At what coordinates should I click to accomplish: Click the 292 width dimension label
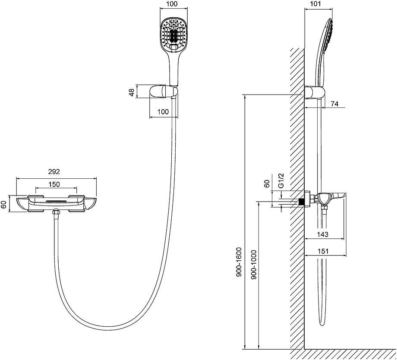pos(54,171)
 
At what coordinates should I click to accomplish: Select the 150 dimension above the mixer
pos(54,184)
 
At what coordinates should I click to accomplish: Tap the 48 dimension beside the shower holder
pos(132,92)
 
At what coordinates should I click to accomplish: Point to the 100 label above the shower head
pos(173,4)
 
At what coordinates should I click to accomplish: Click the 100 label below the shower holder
pos(163,112)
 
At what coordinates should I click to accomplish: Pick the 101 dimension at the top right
pos(315,4)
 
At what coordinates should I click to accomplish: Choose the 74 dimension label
pos(335,104)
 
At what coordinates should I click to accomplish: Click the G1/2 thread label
pos(281,180)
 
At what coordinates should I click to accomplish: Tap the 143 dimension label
pos(323,234)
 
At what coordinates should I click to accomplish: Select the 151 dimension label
pos(323,251)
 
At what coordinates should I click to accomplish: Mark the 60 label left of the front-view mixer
pos(3,205)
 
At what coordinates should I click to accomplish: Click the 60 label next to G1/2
pos(267,184)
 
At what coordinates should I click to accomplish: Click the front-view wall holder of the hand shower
pos(164,92)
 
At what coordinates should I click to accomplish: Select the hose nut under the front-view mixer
pos(56,213)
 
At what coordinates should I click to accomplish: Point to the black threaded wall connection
pos(302,202)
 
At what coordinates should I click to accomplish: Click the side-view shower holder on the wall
pos(314,93)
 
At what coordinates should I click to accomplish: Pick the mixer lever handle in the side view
pos(337,196)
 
